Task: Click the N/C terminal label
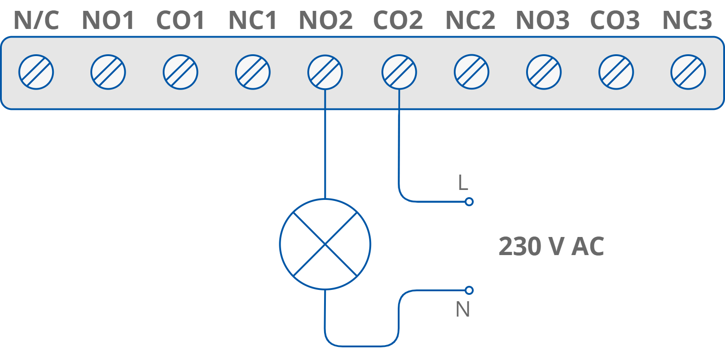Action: click(x=36, y=20)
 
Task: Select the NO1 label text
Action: click(x=108, y=20)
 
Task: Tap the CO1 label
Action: click(x=180, y=20)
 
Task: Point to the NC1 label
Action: click(x=253, y=20)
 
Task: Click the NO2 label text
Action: click(x=325, y=20)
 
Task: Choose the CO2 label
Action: click(x=398, y=20)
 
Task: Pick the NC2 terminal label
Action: click(x=471, y=20)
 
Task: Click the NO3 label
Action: click(x=543, y=20)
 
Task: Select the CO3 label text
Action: click(x=615, y=20)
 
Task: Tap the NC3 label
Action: click(x=687, y=20)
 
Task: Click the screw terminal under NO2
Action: click(x=325, y=72)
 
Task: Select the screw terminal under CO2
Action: click(x=399, y=72)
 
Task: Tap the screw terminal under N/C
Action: click(x=36, y=72)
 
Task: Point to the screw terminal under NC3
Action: click(x=688, y=72)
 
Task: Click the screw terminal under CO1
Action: click(x=180, y=72)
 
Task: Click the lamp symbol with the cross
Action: click(x=325, y=244)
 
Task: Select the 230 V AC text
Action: click(x=551, y=246)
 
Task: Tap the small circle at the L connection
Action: click(x=469, y=202)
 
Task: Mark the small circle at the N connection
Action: click(x=469, y=290)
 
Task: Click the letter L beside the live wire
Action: click(x=462, y=183)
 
